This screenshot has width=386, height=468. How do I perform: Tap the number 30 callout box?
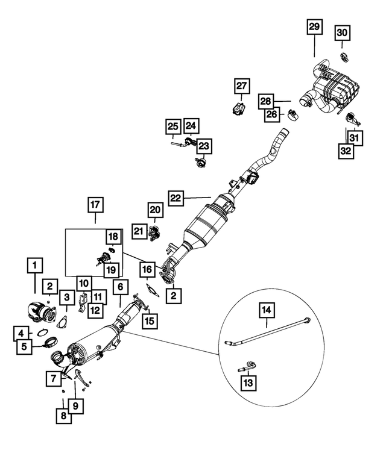click(342, 32)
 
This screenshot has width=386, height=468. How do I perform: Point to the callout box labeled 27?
click(241, 87)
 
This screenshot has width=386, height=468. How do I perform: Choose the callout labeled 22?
click(176, 198)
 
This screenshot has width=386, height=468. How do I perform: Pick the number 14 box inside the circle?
click(267, 311)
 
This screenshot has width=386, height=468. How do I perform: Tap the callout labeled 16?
click(147, 269)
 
